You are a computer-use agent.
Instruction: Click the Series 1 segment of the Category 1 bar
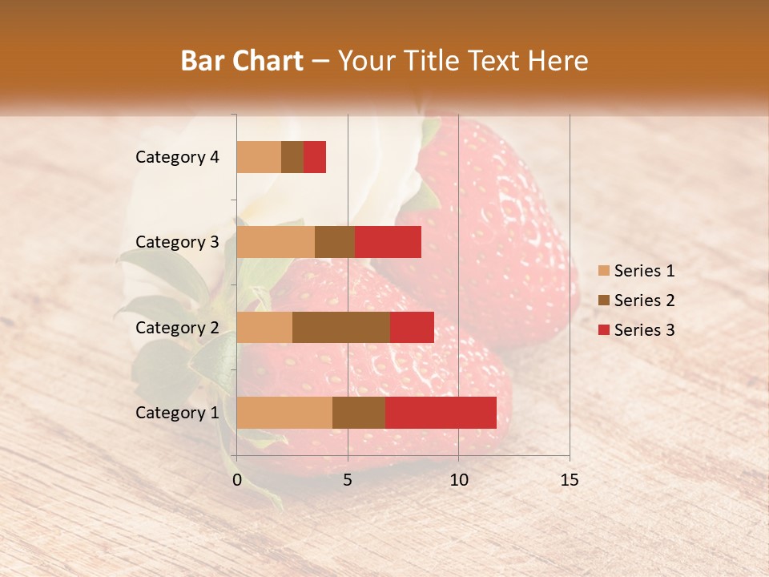coord(284,413)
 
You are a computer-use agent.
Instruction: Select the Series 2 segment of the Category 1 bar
coord(359,413)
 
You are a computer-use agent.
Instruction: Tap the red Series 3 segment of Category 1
coord(441,413)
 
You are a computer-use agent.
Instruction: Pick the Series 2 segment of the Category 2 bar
coord(341,327)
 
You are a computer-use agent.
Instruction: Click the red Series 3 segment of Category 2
coord(412,327)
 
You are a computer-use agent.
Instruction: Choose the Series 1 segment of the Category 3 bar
coord(276,242)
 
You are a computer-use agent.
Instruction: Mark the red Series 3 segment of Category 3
coord(388,242)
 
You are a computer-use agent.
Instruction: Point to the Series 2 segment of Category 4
coord(292,157)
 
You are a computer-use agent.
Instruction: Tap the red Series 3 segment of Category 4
coord(315,157)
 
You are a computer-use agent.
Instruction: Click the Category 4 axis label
coord(177,157)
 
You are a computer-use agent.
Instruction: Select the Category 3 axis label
coord(177,242)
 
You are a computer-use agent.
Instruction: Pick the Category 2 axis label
coord(177,328)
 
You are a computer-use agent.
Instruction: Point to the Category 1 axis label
coord(177,413)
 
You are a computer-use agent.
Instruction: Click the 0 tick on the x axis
coord(237,480)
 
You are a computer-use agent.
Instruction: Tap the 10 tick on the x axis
coord(458,480)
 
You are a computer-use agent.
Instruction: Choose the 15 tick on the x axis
coord(570,480)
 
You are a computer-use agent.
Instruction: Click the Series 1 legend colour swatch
coord(604,271)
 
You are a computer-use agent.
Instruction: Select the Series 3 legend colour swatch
coord(604,330)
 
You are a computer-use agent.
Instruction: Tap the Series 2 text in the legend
coord(644,301)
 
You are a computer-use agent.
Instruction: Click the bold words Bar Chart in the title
coord(242,61)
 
